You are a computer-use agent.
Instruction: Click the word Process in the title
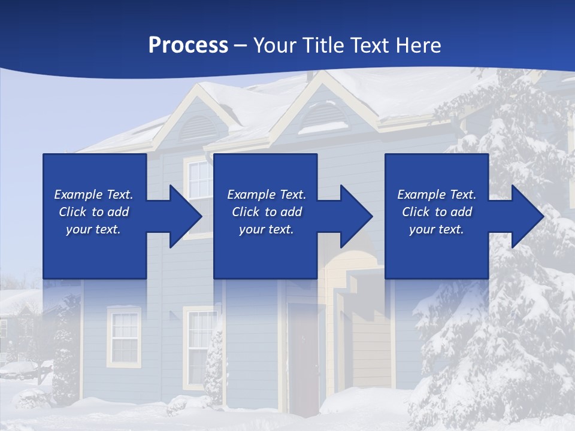point(188,45)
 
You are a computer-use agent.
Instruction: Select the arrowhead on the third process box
point(527,216)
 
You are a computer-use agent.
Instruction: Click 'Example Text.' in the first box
point(93,195)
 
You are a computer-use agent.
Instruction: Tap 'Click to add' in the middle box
point(267,212)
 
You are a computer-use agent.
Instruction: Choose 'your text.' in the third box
point(437,229)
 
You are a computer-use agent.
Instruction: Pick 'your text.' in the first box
point(93,229)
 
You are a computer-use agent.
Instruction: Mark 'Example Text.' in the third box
point(437,195)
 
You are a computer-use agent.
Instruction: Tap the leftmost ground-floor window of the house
point(125,336)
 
